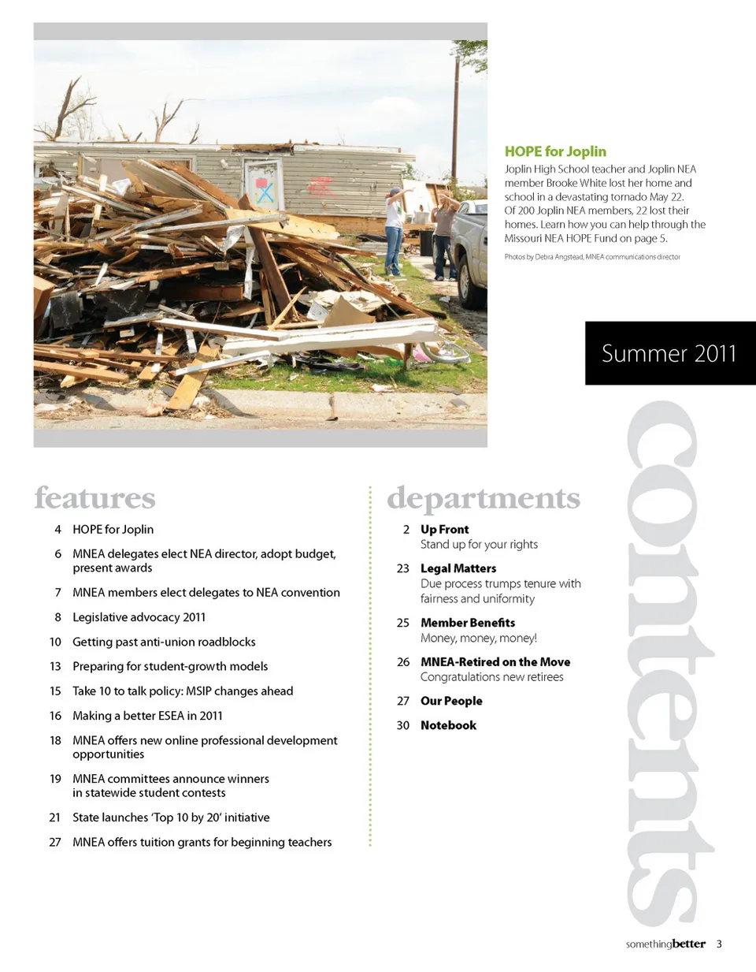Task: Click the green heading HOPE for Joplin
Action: pos(555,151)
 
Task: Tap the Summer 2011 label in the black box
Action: pos(669,353)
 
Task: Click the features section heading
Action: pos(94,497)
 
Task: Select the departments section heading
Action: pos(483,497)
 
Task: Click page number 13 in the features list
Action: pos(55,666)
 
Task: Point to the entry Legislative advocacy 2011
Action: pos(139,617)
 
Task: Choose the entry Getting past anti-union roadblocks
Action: pos(164,642)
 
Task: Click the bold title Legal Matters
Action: pos(458,568)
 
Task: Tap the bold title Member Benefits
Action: pos(468,623)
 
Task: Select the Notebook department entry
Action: pos(448,725)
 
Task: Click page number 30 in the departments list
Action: pos(403,725)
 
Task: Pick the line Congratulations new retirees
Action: pos(491,677)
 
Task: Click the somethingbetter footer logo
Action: pos(665,944)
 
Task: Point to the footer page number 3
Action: pos(719,944)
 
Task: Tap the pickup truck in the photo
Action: pos(471,252)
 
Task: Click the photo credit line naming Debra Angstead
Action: pos(591,257)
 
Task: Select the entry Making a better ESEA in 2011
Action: pos(147,716)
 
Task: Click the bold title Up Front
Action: pos(444,530)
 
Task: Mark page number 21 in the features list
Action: pos(55,817)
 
